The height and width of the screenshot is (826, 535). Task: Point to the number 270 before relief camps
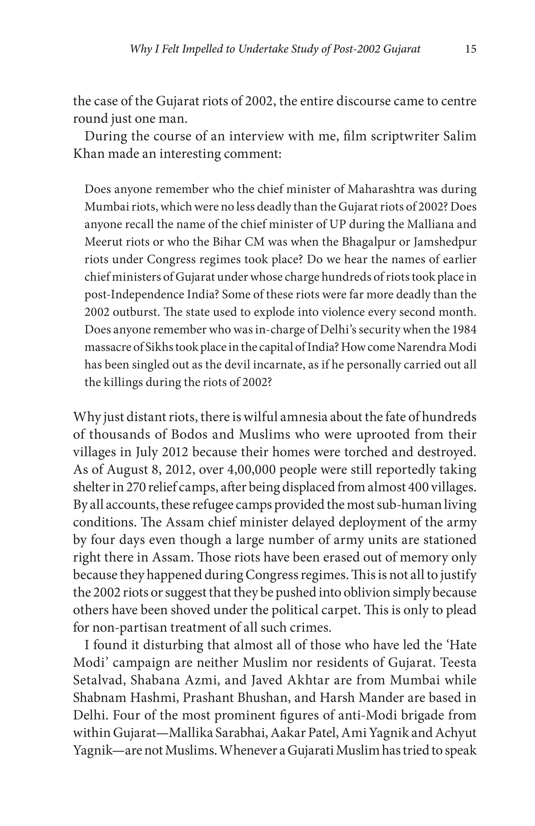[x=133, y=487]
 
